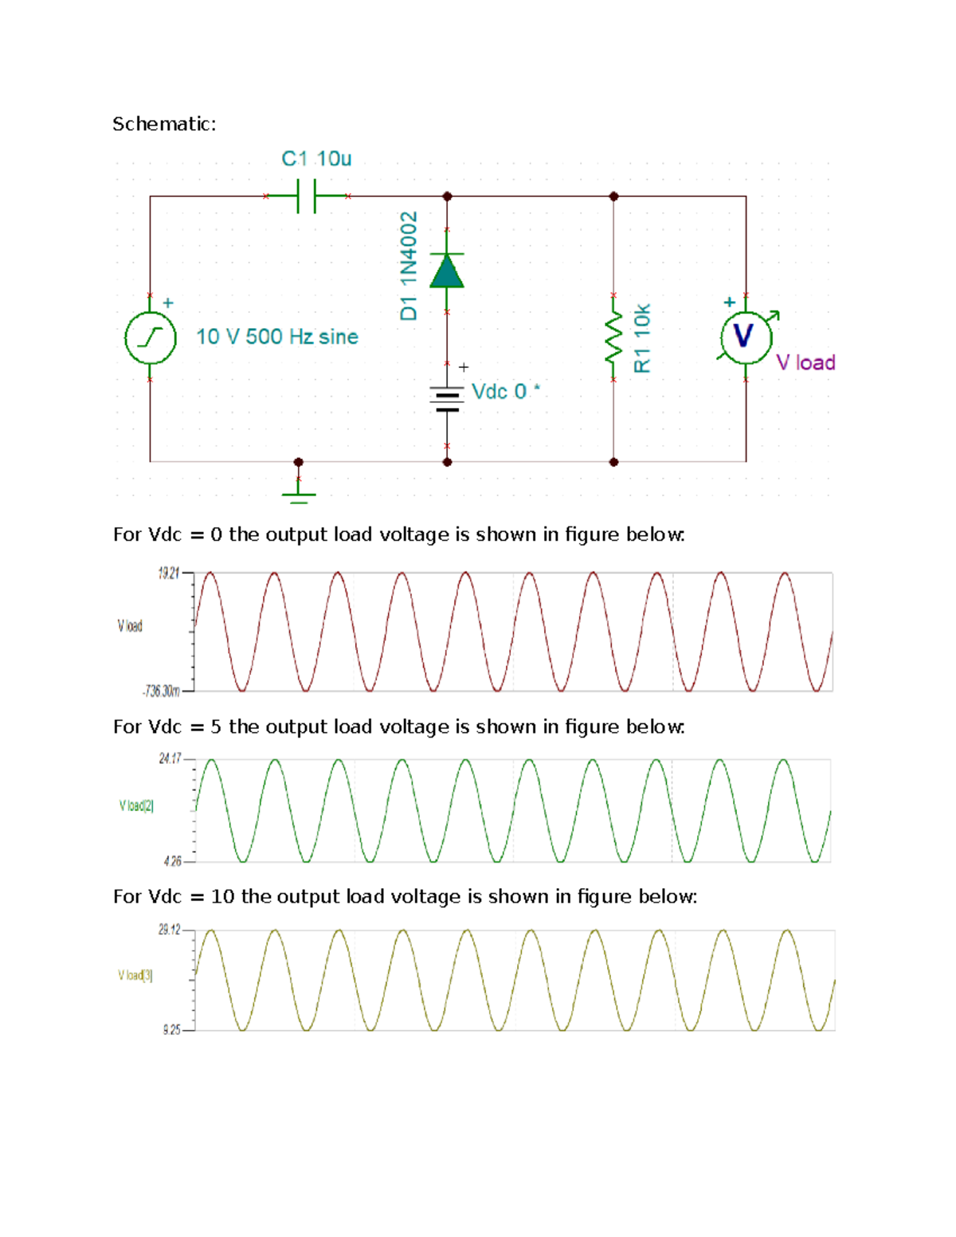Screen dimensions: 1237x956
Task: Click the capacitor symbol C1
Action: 307,196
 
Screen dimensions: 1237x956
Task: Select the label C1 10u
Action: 316,159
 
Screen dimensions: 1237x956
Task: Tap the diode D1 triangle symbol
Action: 447,272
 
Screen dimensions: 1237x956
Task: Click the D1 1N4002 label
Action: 409,265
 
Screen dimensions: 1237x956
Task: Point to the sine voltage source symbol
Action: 150,338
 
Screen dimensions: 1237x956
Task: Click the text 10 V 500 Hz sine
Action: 277,337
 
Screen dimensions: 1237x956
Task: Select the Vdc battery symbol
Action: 447,398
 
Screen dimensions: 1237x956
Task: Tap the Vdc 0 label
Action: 504,391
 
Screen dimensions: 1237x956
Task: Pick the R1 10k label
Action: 642,338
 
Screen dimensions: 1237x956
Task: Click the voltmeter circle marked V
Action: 746,337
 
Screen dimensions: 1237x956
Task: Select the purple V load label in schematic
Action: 805,362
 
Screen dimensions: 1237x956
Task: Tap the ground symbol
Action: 299,493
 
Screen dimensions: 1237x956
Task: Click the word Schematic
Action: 163,124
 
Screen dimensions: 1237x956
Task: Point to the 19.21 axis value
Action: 168,573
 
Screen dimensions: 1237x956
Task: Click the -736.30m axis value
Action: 161,691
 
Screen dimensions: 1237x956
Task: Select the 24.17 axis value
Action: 170,759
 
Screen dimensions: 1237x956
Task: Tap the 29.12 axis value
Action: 169,930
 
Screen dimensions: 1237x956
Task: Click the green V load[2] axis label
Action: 136,805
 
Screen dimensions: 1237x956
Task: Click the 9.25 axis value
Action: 171,1030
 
